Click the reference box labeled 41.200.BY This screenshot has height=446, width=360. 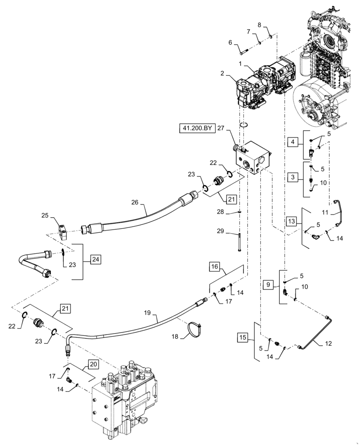pos(197,129)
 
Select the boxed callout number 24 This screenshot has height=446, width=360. pos(95,258)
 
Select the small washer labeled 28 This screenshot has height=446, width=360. pos(240,212)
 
